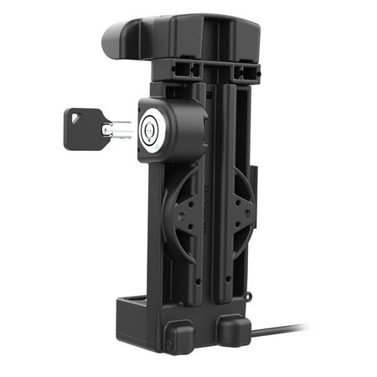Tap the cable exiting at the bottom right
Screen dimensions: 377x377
click(285, 330)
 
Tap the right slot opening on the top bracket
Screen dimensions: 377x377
click(243, 72)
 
